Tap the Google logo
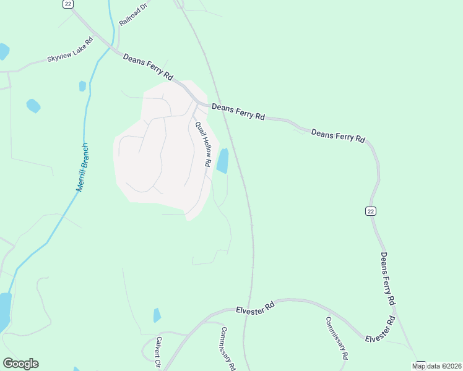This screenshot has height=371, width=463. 20,364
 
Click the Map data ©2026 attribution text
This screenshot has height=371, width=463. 436,366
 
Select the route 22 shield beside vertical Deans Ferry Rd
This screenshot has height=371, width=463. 370,211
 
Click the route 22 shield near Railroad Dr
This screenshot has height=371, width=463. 67,4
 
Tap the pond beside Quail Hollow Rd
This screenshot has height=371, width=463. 222,161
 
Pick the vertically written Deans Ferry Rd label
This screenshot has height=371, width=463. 387,278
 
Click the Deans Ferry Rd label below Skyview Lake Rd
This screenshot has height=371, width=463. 148,66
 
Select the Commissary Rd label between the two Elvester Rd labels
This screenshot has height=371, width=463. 337,339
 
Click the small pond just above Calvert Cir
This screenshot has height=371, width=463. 157,315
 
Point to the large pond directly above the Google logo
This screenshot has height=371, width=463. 4,312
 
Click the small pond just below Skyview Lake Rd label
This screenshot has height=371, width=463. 82,86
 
